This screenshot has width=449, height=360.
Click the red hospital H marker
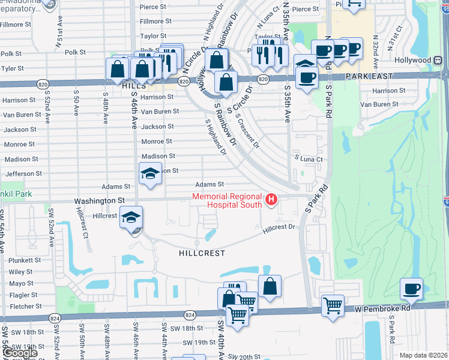coord(272,200)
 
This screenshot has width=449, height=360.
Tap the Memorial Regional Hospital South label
coord(226,200)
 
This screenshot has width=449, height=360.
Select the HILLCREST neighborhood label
coord(202,253)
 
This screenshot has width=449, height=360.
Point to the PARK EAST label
coord(369,76)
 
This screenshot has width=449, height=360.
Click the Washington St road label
coord(100,201)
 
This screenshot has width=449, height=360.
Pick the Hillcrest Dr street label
coord(279,227)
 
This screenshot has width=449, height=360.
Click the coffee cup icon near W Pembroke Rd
coord(411,289)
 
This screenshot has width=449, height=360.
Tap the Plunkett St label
coord(25,260)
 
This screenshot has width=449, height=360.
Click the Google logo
coord(20,353)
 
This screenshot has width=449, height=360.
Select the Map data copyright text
coord(423,355)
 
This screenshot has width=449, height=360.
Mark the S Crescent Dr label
coord(248,131)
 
